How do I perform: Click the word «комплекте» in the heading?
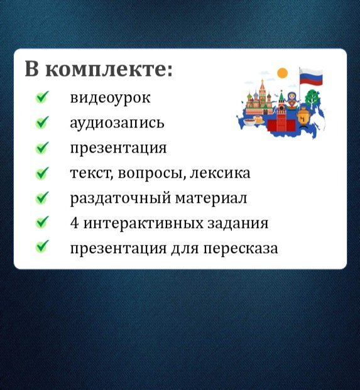tap(109, 69)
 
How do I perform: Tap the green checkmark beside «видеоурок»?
tap(42, 97)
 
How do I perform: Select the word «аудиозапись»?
tap(117, 123)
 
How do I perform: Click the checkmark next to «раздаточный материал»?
tap(42, 198)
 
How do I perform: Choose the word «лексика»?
tap(220, 173)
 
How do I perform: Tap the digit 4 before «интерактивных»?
tap(74, 223)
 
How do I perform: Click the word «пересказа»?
tap(241, 249)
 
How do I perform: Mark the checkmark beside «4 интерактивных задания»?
tap(42, 222)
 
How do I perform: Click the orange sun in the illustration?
tap(282, 73)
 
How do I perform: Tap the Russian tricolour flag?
tap(311, 77)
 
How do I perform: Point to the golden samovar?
tap(303, 117)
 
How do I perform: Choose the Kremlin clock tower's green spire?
tap(281, 96)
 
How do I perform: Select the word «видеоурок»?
tap(110, 98)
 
